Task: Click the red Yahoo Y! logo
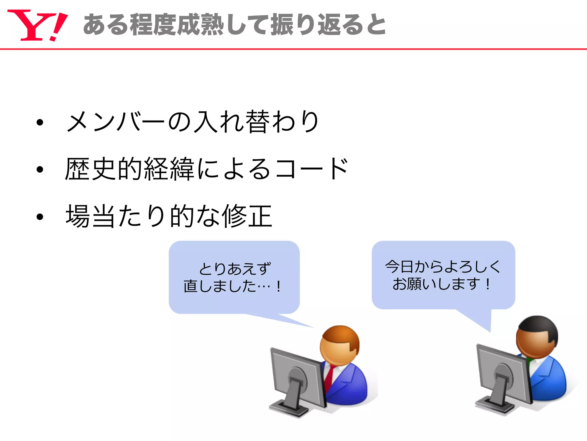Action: coord(37,25)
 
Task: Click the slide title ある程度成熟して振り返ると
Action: coord(234,25)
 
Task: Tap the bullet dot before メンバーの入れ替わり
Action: coord(40,123)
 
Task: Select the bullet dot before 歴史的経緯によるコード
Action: coord(40,169)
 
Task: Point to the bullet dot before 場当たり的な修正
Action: coord(40,217)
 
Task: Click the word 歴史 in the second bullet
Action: coord(90,169)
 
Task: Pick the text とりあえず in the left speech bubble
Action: coord(235,269)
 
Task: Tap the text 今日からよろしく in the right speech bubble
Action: coord(443,266)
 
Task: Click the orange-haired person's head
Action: coord(340,345)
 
